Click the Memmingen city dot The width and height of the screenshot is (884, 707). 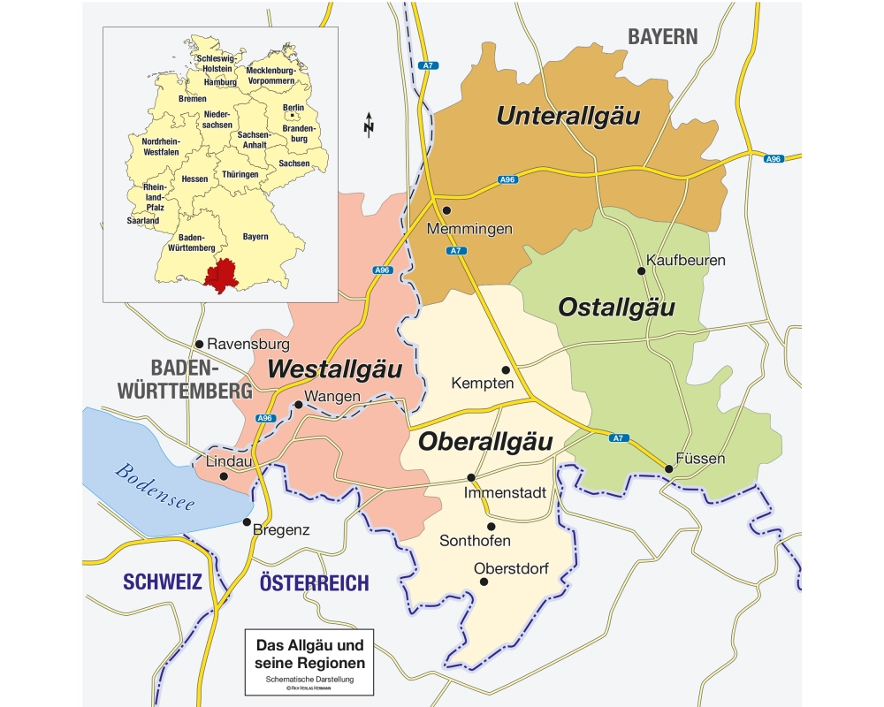447,210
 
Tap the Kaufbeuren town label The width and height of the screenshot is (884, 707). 686,260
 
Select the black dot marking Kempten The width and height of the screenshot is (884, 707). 506,369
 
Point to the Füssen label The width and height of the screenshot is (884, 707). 700,459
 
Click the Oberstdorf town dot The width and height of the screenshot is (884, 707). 483,582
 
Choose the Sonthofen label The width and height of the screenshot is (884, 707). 476,541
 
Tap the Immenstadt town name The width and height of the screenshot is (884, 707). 505,493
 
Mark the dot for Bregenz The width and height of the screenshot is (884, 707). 247,521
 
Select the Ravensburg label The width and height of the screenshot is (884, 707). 248,344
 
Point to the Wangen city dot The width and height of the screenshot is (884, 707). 299,405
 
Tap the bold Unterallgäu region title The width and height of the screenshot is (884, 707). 568,116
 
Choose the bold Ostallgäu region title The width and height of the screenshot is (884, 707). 616,308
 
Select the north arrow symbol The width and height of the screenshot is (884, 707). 369,126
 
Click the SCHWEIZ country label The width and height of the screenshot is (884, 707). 163,582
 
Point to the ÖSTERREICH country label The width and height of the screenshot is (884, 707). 314,583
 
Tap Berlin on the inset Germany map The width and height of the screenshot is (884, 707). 293,109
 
